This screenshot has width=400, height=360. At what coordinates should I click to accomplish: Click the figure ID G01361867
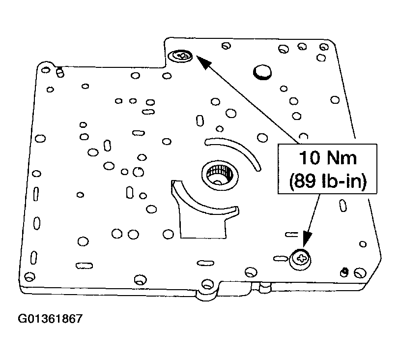pyautogui.click(x=50, y=319)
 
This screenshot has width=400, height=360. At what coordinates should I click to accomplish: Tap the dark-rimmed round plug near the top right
pyautogui.click(x=262, y=72)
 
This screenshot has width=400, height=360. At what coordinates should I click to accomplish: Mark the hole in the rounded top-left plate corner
pyautogui.click(x=46, y=68)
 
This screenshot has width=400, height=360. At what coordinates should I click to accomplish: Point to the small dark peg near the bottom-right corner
pyautogui.click(x=345, y=270)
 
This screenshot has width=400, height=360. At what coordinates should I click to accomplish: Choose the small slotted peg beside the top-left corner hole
pyautogui.click(x=59, y=72)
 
